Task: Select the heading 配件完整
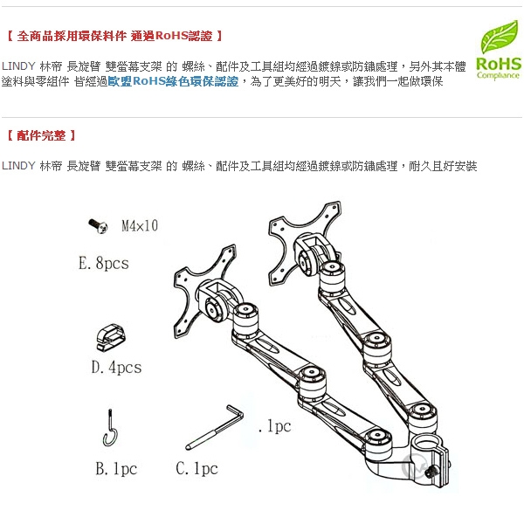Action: (41, 135)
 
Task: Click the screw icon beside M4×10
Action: (98, 226)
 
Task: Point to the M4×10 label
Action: (139, 226)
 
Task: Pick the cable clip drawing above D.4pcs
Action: (111, 336)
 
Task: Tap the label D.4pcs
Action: (116, 368)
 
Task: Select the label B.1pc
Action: (115, 469)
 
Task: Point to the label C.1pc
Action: (196, 469)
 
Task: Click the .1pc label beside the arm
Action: (274, 427)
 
